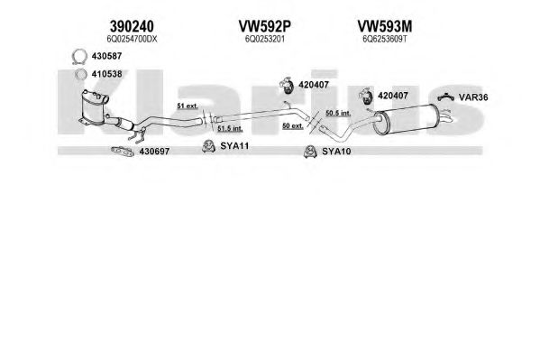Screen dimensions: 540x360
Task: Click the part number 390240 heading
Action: (132, 26)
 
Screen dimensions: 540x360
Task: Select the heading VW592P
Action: (264, 26)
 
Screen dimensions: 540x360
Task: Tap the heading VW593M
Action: (384, 26)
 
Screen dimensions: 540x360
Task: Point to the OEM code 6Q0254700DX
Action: (132, 40)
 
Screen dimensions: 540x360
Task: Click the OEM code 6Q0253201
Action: (264, 40)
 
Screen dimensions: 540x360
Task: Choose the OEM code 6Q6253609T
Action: (384, 40)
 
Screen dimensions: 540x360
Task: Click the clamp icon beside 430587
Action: (79, 57)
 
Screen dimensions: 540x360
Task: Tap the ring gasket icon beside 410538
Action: (81, 74)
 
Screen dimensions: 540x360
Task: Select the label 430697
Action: (154, 152)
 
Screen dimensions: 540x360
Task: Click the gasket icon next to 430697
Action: (123, 152)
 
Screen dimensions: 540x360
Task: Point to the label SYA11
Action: (234, 146)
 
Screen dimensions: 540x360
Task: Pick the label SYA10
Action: (336, 152)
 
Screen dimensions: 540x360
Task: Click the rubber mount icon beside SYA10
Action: (310, 152)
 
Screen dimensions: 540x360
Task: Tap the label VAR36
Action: (473, 97)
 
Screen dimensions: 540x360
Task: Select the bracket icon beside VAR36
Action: (446, 97)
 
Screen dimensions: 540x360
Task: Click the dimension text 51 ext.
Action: (188, 106)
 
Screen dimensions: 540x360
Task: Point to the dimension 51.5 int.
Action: (230, 129)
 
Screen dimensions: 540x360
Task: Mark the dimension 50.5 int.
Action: (338, 113)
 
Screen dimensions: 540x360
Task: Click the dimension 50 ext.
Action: (293, 125)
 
